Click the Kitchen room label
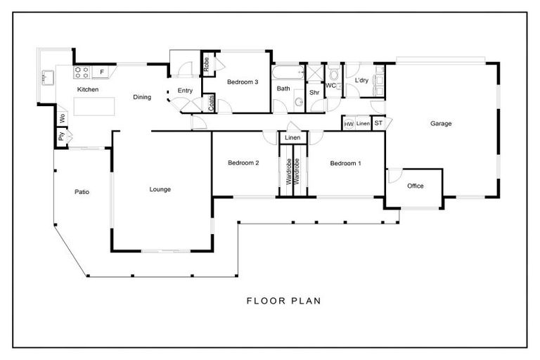(88, 89)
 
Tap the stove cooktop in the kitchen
(82, 72)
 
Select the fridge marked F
(102, 72)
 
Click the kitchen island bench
(94, 106)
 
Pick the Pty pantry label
(61, 136)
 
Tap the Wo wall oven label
(62, 119)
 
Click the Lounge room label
(160, 189)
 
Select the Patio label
(82, 192)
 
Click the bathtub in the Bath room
(288, 73)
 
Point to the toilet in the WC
(334, 74)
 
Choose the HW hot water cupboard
(349, 124)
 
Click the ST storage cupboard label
(378, 123)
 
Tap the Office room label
(416, 186)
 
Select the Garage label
(441, 123)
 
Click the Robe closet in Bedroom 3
(206, 64)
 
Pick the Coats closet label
(211, 103)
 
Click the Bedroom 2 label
(243, 163)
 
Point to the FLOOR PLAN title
(284, 301)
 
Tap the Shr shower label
(314, 92)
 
